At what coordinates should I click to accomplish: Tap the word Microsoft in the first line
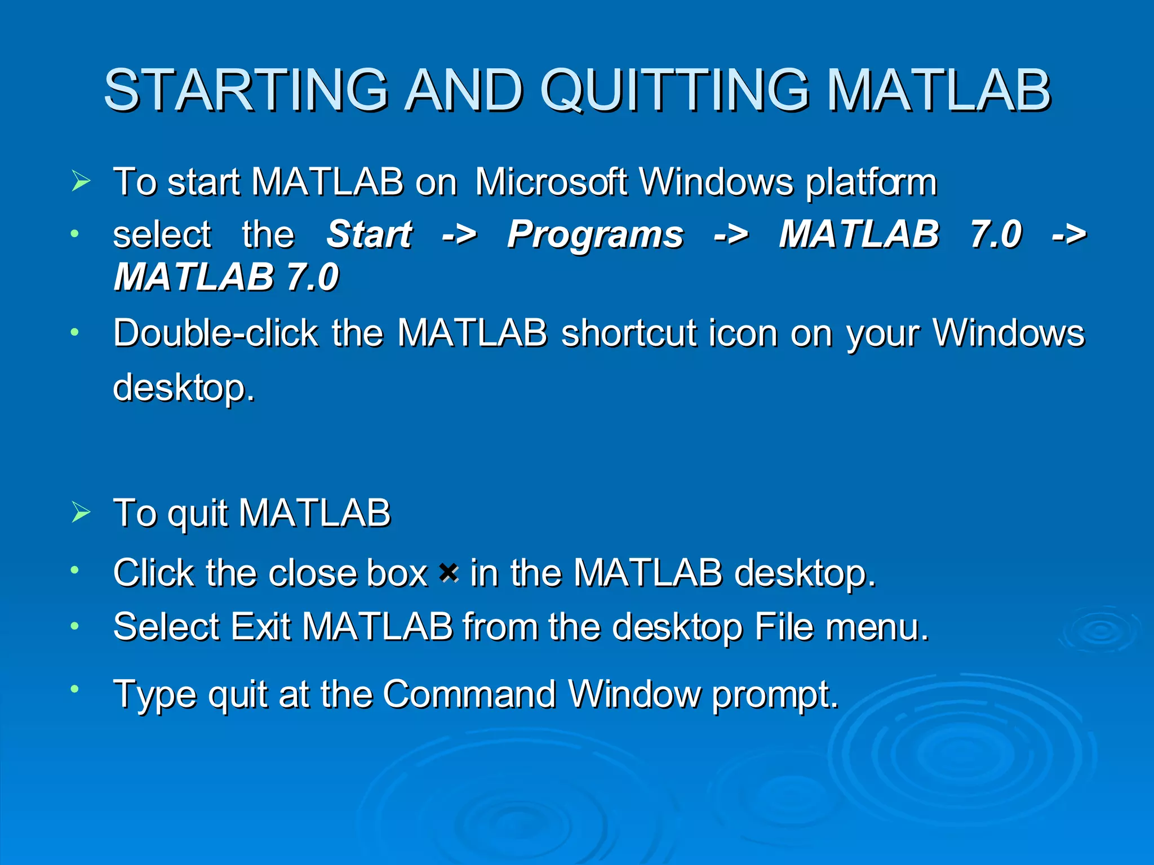pyautogui.click(x=551, y=182)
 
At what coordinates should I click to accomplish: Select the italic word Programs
pyautogui.click(x=595, y=234)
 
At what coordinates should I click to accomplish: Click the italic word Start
pyautogui.click(x=369, y=234)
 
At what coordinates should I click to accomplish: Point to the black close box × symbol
pyautogui.click(x=449, y=573)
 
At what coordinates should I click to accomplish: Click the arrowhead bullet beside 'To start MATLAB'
pyautogui.click(x=81, y=181)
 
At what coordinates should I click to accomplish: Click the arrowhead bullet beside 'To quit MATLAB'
pyautogui.click(x=81, y=512)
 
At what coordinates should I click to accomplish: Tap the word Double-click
pyautogui.click(x=215, y=333)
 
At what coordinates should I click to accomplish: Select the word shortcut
pyautogui.click(x=629, y=333)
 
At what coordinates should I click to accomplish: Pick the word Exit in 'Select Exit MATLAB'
pyautogui.click(x=260, y=626)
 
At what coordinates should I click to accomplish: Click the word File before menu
pyautogui.click(x=783, y=626)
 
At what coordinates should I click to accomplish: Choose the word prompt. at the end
pyautogui.click(x=775, y=695)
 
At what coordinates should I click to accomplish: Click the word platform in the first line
pyautogui.click(x=871, y=183)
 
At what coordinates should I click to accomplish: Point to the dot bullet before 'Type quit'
pyautogui.click(x=74, y=688)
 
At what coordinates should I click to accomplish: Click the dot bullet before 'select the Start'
pyautogui.click(x=74, y=233)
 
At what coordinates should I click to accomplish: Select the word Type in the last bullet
pyautogui.click(x=154, y=695)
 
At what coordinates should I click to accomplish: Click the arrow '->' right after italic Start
pyautogui.click(x=459, y=234)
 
